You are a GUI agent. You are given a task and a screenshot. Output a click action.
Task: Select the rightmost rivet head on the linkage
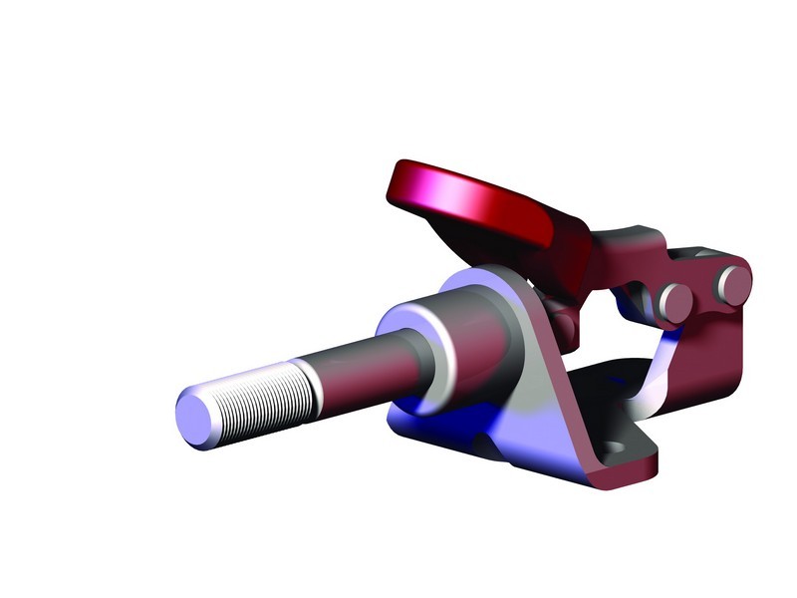click(x=733, y=285)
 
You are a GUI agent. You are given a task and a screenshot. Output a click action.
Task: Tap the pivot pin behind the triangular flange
click(x=563, y=321)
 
